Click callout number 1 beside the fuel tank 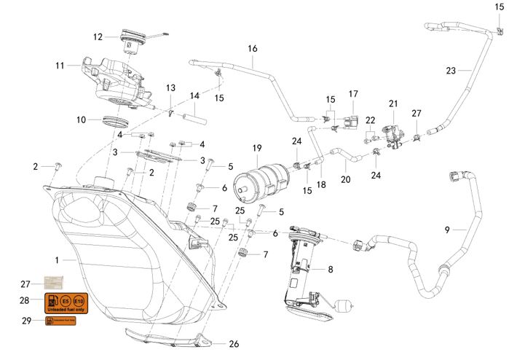click(58, 259)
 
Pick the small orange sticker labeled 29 click(60, 321)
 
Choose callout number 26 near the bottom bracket click(234, 344)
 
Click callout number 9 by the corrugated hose click(447, 230)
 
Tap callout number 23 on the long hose click(451, 71)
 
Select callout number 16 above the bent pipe click(253, 49)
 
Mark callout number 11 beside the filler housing click(60, 65)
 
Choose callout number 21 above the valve click(393, 103)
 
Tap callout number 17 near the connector click(354, 94)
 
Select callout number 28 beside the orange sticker click(25, 300)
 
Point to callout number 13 click(170, 88)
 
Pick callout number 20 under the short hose click(346, 179)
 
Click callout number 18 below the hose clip click(321, 186)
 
